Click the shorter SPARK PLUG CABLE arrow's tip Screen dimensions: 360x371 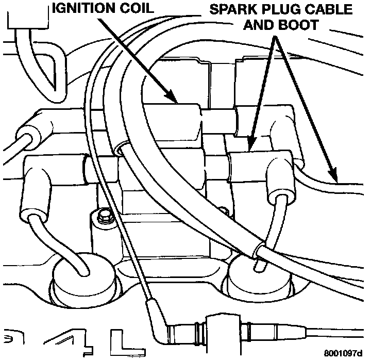click(x=249, y=146)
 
